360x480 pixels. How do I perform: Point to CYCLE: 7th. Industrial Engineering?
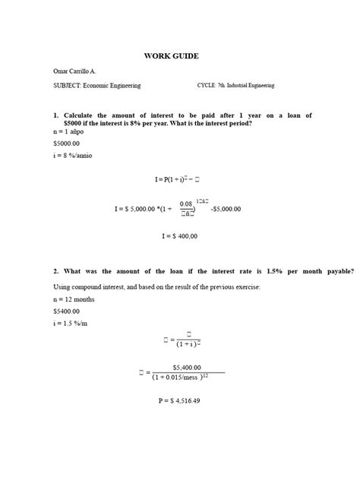pyautogui.click(x=245, y=86)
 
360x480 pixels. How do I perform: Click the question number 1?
pyautogui.click(x=55, y=115)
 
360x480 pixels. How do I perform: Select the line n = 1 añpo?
pyautogui.click(x=70, y=131)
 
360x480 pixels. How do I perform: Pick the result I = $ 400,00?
pyautogui.click(x=179, y=236)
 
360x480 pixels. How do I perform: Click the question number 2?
pyautogui.click(x=55, y=271)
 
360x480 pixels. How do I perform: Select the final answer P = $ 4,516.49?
pyautogui.click(x=179, y=402)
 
